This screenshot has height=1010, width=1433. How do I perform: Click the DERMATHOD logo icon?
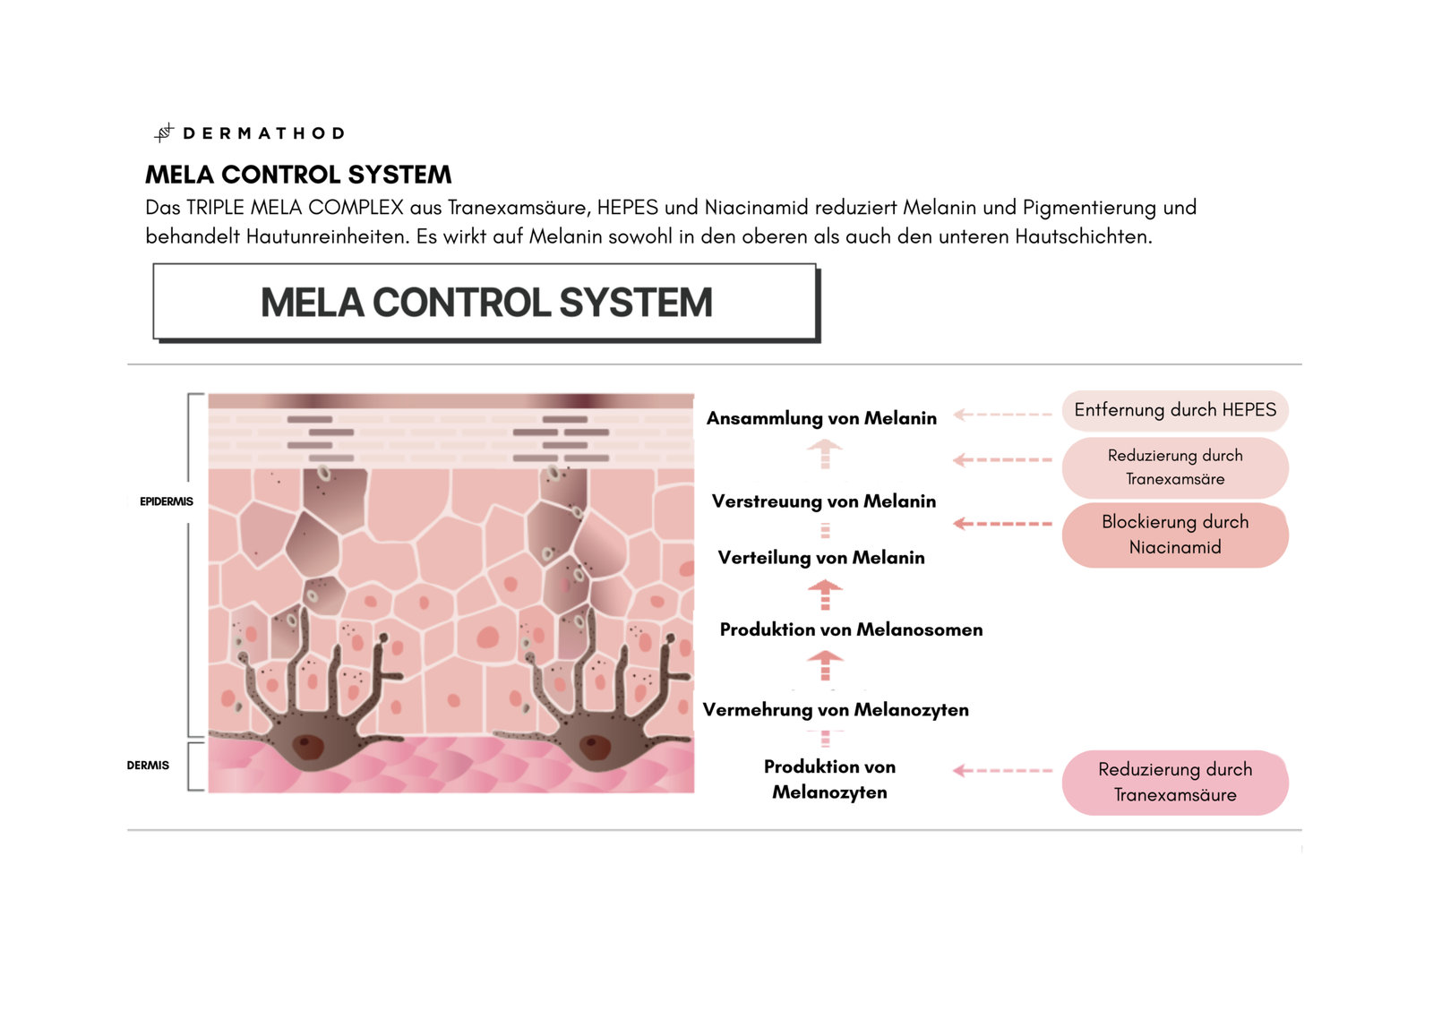163,133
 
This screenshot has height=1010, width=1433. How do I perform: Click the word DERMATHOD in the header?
264,133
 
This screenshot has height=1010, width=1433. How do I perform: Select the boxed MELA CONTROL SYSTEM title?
485,303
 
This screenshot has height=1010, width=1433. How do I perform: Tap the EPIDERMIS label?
166,501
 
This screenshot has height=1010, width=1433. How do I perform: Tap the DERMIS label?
148,766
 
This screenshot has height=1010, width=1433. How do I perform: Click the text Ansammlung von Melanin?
821,418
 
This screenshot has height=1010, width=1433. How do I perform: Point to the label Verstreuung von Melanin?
823,501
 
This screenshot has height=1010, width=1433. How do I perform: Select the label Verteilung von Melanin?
820,558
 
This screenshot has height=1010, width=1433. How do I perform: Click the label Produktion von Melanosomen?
851,629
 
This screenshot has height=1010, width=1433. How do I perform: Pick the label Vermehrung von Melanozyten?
835,710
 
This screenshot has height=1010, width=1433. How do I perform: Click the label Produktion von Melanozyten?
829,779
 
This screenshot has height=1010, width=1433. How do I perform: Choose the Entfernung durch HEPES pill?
1175,410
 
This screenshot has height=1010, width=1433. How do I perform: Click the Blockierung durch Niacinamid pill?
1175,535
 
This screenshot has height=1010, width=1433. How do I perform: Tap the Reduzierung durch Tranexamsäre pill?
1175,467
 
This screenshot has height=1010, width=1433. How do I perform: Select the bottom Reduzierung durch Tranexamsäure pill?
1175,782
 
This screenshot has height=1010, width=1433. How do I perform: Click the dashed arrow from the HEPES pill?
1002,415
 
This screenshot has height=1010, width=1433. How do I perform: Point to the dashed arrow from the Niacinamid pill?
1002,524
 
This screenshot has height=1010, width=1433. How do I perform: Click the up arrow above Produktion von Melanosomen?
825,594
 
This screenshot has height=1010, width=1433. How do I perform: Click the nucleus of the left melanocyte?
309,746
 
